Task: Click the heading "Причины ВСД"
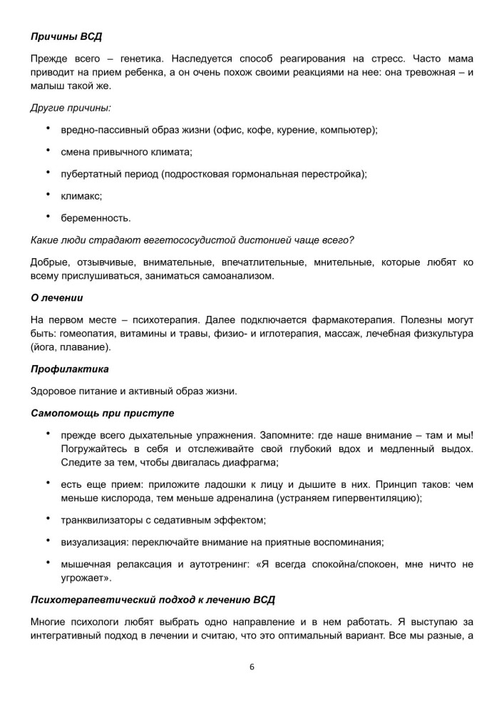point(71,36)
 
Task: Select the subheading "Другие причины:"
point(71,107)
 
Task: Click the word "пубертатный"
point(93,174)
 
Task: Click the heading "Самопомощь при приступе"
point(103,414)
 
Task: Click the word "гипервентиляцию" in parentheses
point(378,498)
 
